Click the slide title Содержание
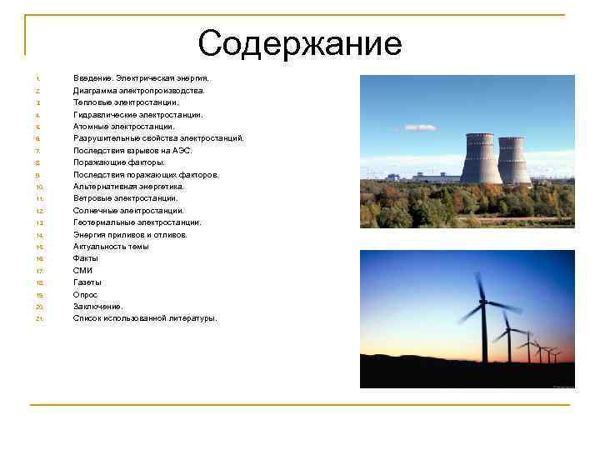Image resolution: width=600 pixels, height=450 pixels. (300, 43)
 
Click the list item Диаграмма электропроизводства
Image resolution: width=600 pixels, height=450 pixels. (138, 90)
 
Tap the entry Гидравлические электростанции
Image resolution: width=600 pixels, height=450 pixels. (137, 114)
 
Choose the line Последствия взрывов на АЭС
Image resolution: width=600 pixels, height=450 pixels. (132, 151)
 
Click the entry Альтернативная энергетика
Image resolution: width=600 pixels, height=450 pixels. (129, 187)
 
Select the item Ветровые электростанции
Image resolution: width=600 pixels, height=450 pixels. (125, 198)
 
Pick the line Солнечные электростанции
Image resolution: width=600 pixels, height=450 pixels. (128, 211)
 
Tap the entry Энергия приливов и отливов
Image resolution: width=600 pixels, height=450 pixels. (130, 235)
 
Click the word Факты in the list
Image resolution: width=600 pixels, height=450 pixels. (86, 258)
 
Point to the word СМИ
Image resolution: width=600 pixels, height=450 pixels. (83, 271)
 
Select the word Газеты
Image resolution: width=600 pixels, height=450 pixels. (87, 282)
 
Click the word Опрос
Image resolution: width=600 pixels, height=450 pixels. (85, 295)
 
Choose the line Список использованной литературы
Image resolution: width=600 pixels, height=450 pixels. (145, 318)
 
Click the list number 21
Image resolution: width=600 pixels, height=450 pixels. (39, 319)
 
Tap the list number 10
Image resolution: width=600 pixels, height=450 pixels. (39, 187)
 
